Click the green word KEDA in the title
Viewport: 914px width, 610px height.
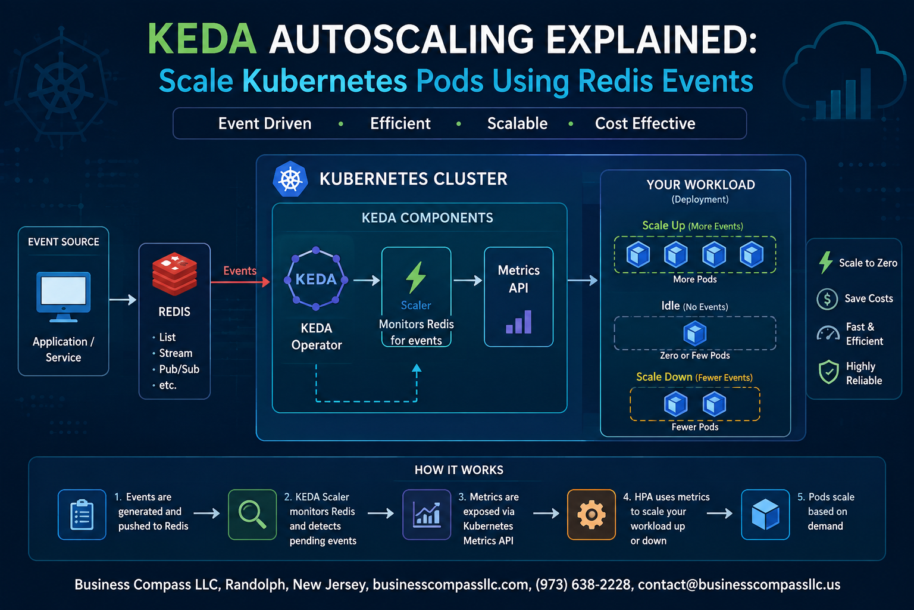point(202,39)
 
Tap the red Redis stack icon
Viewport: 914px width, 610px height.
point(174,274)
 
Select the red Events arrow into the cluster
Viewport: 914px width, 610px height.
point(240,282)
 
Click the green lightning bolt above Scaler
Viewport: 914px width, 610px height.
point(416,278)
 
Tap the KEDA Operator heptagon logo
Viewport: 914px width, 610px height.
point(316,278)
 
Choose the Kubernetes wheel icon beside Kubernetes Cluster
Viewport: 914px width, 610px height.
point(290,179)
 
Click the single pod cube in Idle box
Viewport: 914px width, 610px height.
point(695,333)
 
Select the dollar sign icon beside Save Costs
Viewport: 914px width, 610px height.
point(827,299)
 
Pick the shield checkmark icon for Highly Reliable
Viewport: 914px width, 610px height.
point(829,372)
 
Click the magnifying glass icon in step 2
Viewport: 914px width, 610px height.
point(252,515)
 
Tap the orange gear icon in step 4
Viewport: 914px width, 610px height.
point(591,515)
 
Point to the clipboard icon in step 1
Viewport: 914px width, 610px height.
point(82,515)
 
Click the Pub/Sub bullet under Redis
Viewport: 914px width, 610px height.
point(176,369)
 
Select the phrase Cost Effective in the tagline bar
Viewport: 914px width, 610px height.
point(645,123)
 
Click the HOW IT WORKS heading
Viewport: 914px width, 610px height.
point(459,470)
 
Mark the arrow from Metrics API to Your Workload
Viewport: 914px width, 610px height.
point(583,281)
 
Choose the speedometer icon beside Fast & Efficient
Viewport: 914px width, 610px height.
point(828,334)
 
